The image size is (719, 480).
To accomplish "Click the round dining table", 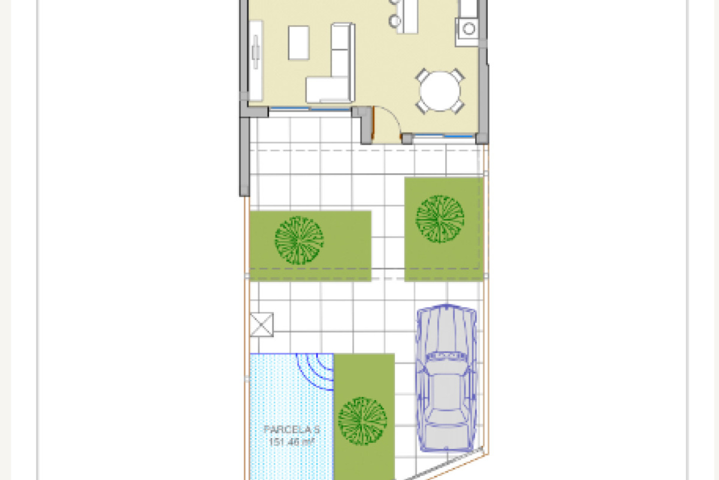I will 440,91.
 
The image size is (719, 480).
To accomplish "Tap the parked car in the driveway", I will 446,379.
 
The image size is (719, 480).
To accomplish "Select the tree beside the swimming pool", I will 362,421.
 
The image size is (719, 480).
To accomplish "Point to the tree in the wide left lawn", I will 299,240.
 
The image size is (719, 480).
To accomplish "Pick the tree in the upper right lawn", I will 440,219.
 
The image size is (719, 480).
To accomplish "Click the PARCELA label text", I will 291,430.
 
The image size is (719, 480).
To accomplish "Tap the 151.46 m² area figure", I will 291,442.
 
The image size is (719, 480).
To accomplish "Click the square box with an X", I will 261,324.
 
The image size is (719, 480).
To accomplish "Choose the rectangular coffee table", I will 298,43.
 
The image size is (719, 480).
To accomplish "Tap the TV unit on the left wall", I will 256,60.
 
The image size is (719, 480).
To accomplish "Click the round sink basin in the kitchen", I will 468,28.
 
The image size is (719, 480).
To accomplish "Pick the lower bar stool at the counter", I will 394,21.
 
